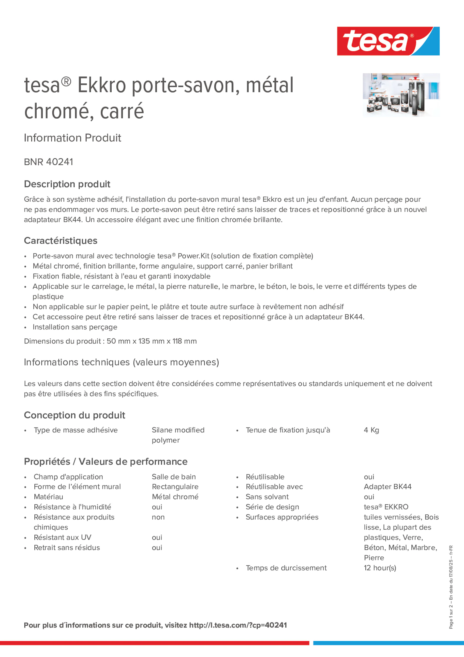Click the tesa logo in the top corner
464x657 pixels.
[388, 41]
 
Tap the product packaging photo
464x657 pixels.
[401, 95]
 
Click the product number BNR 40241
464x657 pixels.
[48, 162]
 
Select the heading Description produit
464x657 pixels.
[67, 184]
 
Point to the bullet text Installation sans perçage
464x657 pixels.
[75, 327]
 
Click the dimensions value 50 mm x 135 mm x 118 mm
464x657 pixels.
[152, 341]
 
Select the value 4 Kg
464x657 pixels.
[371, 430]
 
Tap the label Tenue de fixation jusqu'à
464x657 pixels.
[287, 430]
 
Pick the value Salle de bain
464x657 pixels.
[174, 477]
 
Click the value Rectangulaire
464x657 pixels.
[175, 487]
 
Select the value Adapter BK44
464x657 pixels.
[387, 487]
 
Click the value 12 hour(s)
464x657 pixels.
[380, 568]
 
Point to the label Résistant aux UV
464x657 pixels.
[62, 537]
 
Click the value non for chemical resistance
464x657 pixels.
[158, 517]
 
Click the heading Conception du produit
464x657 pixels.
[74, 415]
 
